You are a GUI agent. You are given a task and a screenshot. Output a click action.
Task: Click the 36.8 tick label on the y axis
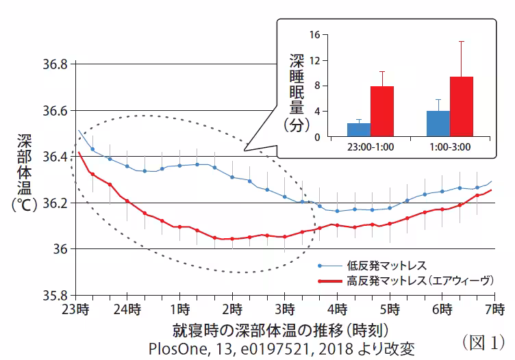(x=53, y=64)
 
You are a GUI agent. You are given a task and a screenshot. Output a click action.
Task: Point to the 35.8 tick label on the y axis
(x=53, y=295)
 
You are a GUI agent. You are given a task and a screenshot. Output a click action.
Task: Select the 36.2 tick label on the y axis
(x=53, y=203)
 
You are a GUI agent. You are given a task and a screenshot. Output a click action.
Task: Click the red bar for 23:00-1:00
(x=382, y=112)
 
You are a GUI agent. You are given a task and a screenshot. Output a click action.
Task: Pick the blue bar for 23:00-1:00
(x=359, y=129)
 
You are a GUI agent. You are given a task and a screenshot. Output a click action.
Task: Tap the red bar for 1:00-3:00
(x=461, y=106)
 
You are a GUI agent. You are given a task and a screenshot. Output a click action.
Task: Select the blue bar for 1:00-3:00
(x=438, y=123)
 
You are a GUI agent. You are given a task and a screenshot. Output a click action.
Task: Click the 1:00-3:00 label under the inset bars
(x=449, y=146)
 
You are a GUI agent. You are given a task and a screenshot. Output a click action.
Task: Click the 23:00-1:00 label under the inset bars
(x=370, y=146)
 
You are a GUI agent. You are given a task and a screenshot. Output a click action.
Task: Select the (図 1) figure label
(x=483, y=340)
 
